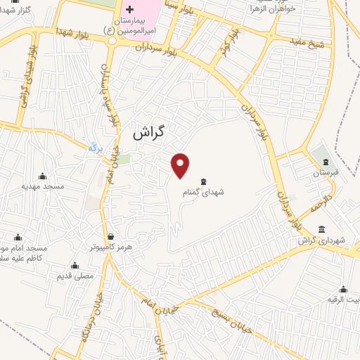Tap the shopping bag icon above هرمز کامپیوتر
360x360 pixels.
click(110, 236)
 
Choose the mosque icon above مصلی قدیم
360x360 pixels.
click(76, 266)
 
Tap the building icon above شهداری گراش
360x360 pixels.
click(321, 229)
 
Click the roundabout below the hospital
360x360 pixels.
click(112, 41)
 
